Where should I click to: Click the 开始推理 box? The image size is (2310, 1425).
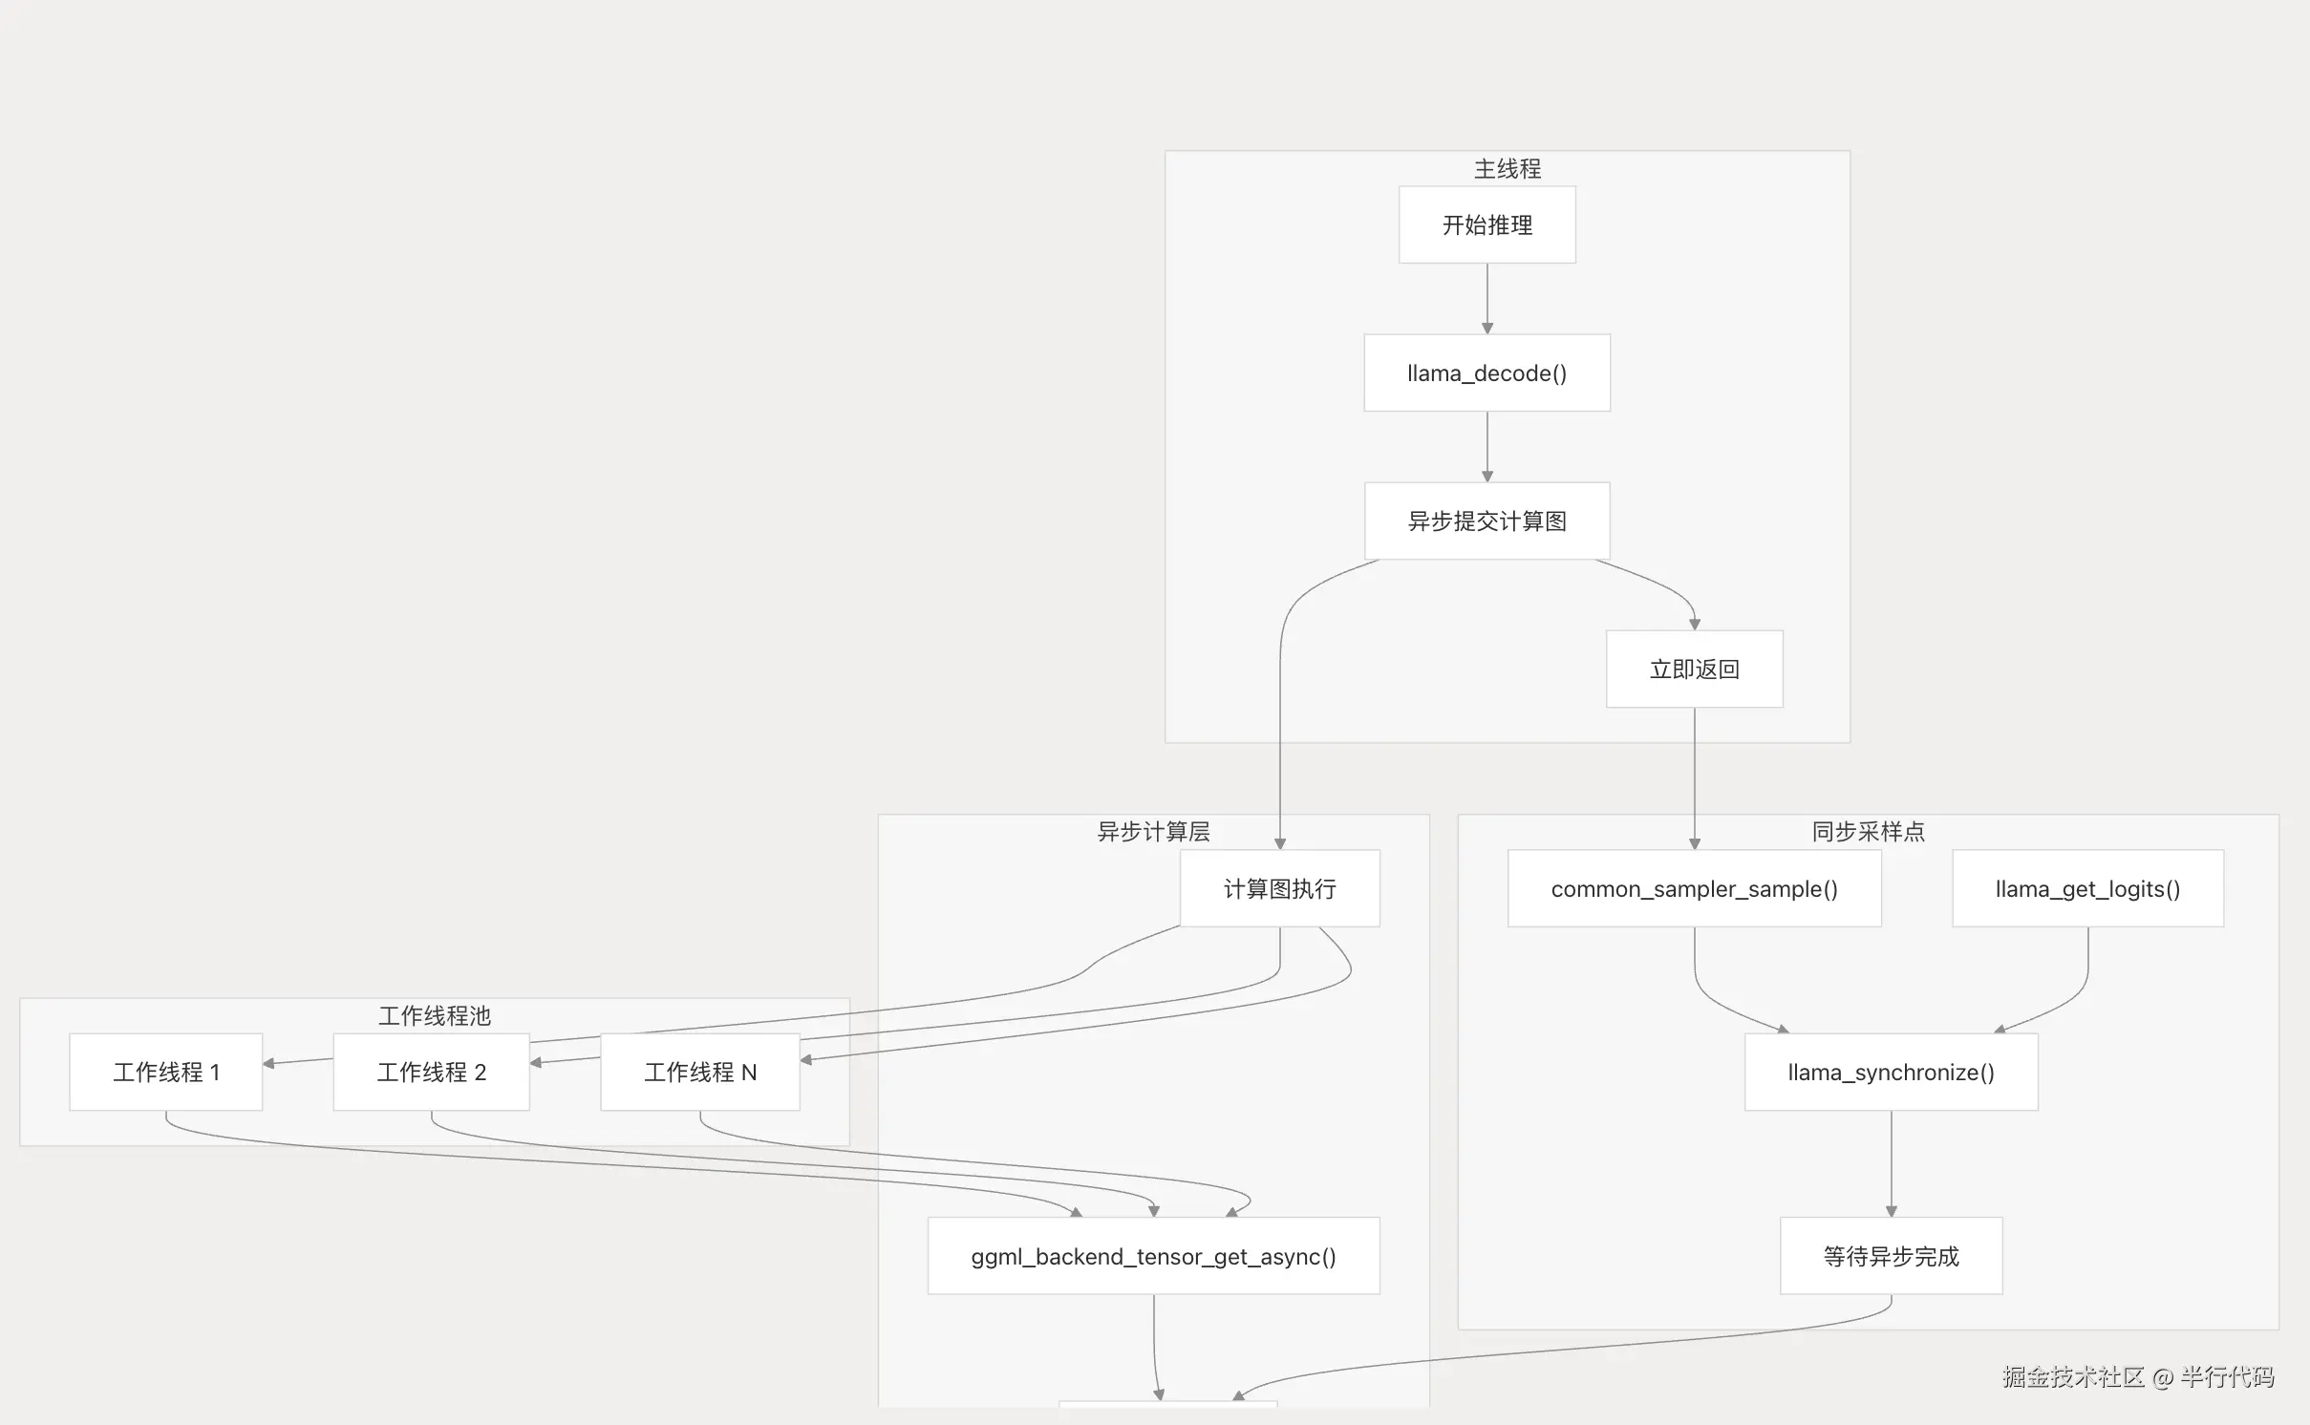coord(1487,225)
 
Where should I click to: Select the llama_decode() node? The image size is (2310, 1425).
coord(1487,373)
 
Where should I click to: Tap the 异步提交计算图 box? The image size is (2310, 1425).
coord(1487,521)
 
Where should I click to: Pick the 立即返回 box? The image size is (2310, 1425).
coord(1694,670)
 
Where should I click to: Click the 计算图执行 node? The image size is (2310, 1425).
coord(1279,889)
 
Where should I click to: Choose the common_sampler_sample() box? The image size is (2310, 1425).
coord(1694,889)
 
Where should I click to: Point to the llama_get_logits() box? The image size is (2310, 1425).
coord(2087,889)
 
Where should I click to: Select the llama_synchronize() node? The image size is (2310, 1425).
coord(1891,1073)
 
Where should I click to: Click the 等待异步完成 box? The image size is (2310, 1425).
coord(1891,1257)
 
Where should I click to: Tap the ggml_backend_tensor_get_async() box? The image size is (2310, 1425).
coord(1153,1257)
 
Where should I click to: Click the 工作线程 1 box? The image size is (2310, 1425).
coord(166,1073)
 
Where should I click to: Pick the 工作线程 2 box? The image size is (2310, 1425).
coord(431,1073)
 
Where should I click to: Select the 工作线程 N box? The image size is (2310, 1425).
coord(700,1073)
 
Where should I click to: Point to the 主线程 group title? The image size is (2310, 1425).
coord(1507,169)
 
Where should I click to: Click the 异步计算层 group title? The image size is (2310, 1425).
coord(1153,832)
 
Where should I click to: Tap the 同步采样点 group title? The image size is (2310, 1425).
coord(1868,832)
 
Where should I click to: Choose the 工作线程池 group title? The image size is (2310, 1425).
coord(434,1016)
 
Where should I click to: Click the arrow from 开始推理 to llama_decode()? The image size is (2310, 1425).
coord(1487,298)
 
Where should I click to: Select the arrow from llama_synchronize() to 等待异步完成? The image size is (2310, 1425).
coord(1891,1163)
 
